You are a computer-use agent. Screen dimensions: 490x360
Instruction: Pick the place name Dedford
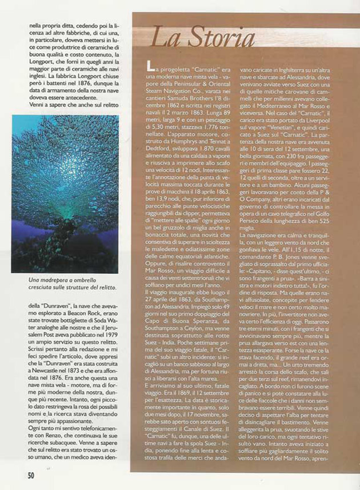point(155,125)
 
